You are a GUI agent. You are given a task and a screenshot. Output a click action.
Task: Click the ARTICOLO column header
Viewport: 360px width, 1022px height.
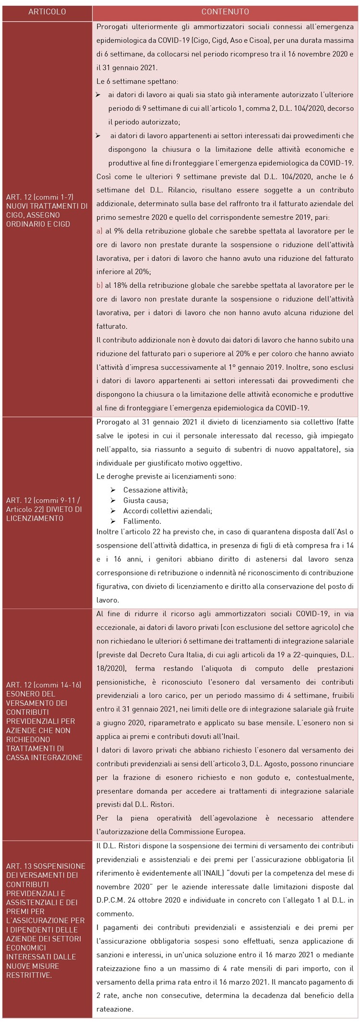(47, 12)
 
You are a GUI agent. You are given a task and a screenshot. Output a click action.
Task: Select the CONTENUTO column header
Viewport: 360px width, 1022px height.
(225, 12)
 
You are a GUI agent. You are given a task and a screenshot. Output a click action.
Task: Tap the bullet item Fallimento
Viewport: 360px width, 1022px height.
(142, 521)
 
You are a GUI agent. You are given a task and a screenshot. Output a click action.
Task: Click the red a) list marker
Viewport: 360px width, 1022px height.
(99, 231)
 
